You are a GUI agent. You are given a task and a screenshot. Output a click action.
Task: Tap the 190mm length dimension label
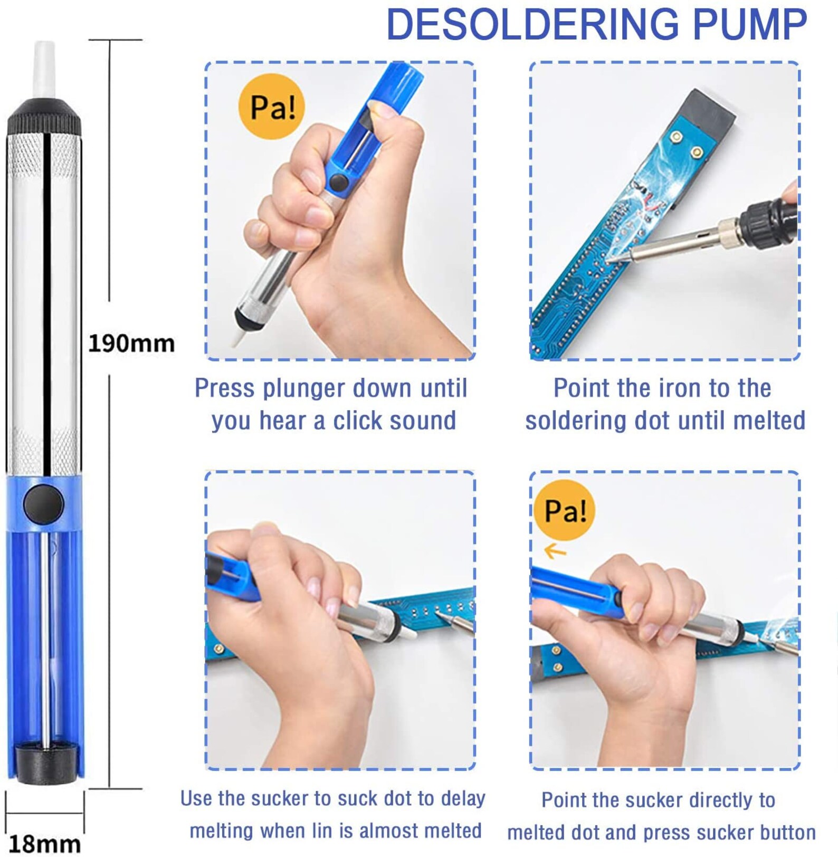(131, 344)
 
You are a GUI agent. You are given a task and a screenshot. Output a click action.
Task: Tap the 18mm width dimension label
(45, 843)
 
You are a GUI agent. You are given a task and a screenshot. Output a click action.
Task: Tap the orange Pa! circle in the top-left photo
(271, 107)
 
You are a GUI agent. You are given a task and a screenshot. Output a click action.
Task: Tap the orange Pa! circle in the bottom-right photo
(564, 510)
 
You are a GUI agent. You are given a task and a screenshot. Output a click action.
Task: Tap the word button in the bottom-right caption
(787, 833)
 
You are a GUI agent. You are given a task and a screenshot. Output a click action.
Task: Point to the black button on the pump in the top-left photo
(338, 183)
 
